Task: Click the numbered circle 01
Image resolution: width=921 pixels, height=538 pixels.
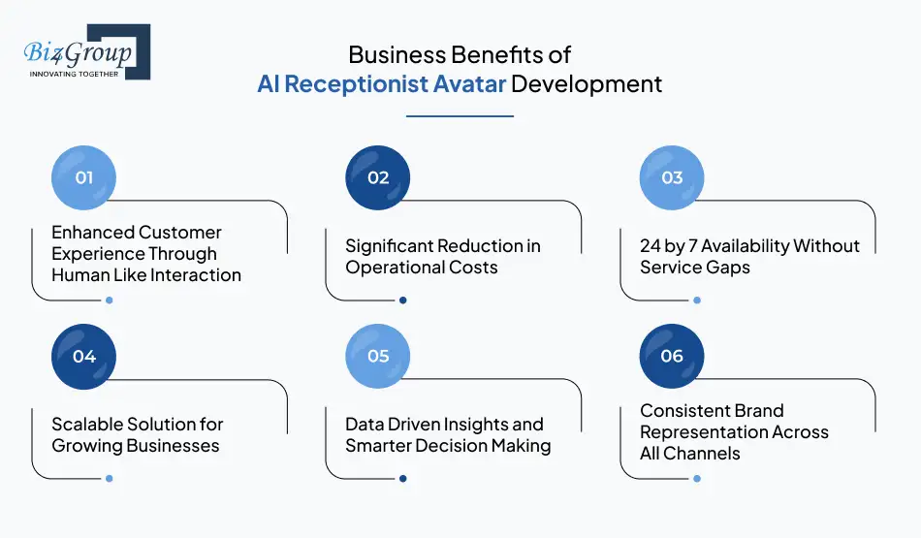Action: tap(83, 177)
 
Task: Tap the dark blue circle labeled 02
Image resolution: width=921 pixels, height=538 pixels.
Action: tap(378, 177)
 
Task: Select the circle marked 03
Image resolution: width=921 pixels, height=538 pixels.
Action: tap(672, 177)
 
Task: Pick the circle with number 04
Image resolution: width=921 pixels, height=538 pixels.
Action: tap(83, 356)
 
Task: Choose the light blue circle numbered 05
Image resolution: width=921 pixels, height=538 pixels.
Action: tap(378, 356)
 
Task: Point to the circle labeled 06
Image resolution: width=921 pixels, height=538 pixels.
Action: tap(672, 356)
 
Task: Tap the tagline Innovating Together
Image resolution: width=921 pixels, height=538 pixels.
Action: tap(75, 74)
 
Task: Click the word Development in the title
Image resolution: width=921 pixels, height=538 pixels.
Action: tap(588, 83)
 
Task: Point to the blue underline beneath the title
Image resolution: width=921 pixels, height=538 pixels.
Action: tap(460, 115)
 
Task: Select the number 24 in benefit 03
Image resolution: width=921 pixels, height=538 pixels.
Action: tap(651, 246)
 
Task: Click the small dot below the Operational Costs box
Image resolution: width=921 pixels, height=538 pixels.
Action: tap(403, 300)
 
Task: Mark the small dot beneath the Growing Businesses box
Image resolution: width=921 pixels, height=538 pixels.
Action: tap(110, 478)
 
